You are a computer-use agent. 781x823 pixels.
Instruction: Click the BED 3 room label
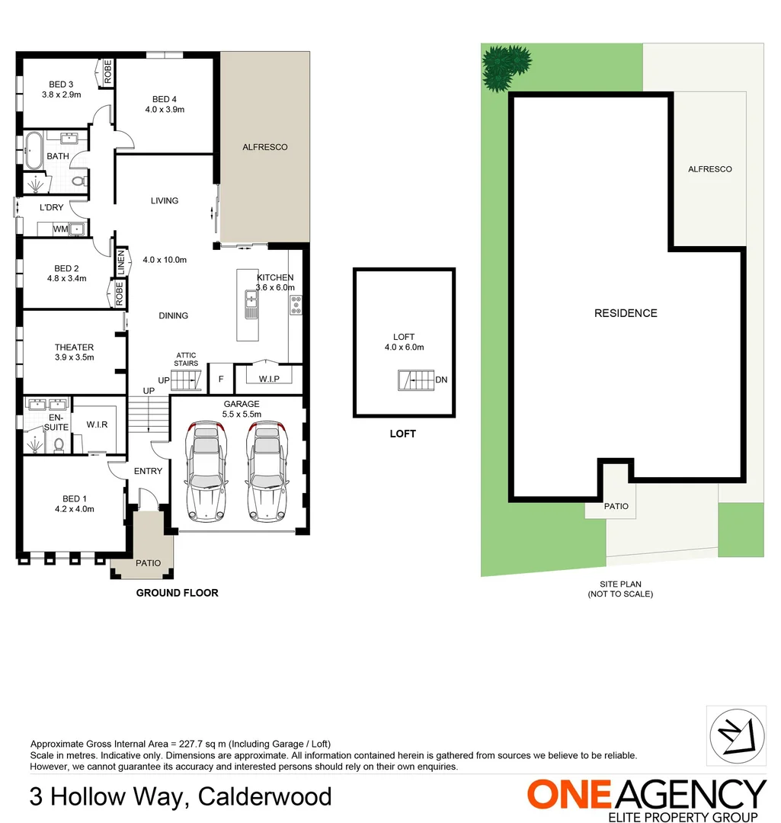point(61,85)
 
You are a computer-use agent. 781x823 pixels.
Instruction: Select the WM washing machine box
point(60,229)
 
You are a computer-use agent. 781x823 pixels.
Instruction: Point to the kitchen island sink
point(250,304)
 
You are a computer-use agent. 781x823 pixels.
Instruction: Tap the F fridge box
point(221,379)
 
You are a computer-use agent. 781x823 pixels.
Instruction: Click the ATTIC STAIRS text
point(187,359)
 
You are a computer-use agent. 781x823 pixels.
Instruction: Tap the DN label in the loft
point(441,379)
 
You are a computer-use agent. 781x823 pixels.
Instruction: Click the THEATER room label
point(74,347)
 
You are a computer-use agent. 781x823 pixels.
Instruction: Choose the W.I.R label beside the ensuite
point(96,425)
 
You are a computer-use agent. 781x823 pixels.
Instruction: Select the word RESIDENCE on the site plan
point(626,313)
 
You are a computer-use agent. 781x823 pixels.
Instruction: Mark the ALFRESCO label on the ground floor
point(264,147)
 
